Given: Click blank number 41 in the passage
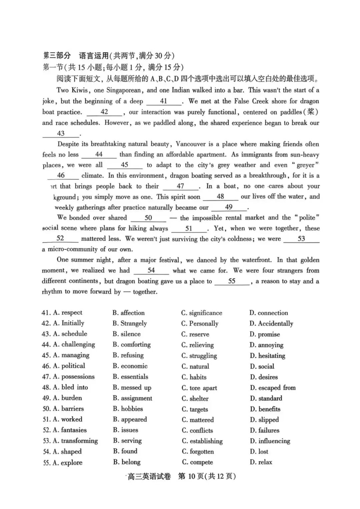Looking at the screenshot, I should (164, 101).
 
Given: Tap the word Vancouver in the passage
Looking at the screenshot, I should (191, 144).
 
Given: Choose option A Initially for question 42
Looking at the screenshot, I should (68, 323).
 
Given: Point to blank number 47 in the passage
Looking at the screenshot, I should (180, 186).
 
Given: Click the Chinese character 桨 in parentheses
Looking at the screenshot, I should (311, 112).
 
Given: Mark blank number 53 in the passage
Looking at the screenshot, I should (301, 239).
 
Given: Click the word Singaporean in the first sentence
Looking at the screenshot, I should (125, 90).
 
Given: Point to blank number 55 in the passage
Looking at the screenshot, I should (232, 281).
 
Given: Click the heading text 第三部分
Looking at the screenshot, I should (57, 56).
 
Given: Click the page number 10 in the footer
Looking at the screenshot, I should (191, 476).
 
